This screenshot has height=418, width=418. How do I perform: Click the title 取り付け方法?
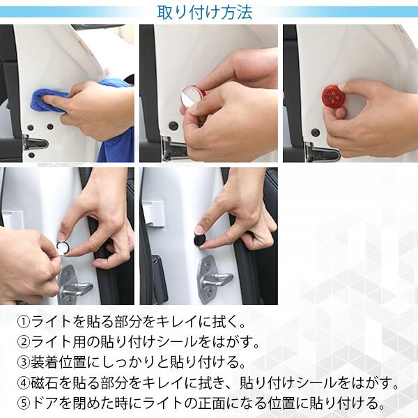pyautogui.click(x=204, y=13)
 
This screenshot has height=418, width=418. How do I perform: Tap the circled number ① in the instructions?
pyautogui.click(x=24, y=322)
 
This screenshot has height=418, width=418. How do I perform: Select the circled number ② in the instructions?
pyautogui.click(x=24, y=342)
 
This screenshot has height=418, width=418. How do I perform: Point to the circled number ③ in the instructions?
pyautogui.click(x=24, y=362)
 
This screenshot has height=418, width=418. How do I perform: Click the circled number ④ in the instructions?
pyautogui.click(x=24, y=383)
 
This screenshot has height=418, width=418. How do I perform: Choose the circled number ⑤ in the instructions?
pyautogui.click(x=24, y=403)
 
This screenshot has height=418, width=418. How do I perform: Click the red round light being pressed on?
pyautogui.click(x=332, y=95)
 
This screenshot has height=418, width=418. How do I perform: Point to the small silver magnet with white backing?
pyautogui.click(x=63, y=247)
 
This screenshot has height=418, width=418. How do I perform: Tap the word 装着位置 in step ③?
pyautogui.click(x=58, y=362)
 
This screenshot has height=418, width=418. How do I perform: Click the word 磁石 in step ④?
pyautogui.click(x=45, y=383)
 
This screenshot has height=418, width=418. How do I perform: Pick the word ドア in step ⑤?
pyautogui.click(x=45, y=403)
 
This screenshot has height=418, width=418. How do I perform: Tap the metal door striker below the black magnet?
pyautogui.click(x=213, y=279)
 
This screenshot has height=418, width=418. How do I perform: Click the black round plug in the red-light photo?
pyautogui.click(x=316, y=132)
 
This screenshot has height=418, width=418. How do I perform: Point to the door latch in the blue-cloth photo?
pyautogui.click(x=35, y=144)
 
